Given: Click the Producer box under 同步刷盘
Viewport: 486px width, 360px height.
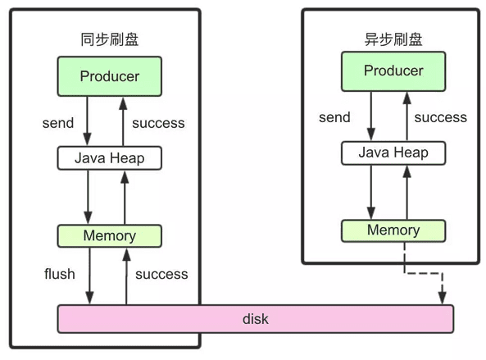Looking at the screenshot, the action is pyautogui.click(x=110, y=76).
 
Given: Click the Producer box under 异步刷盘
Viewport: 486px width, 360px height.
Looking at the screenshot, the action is pyautogui.click(x=393, y=71).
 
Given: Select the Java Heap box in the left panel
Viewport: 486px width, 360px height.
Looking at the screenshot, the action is pyautogui.click(x=110, y=158).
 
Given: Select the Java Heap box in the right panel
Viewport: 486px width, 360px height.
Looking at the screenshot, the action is pyautogui.click(x=393, y=153).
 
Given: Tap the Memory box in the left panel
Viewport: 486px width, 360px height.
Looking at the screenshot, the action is pyautogui.click(x=110, y=236).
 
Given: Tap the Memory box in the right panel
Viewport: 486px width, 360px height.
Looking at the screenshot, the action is pyautogui.click(x=393, y=230).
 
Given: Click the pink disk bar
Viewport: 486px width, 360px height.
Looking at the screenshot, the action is pyautogui.click(x=256, y=319).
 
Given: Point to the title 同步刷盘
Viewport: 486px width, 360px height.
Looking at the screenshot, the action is pyautogui.click(x=110, y=39).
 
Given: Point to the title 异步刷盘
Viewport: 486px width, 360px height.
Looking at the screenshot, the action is pyautogui.click(x=393, y=39).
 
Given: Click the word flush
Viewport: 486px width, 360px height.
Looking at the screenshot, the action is pyautogui.click(x=60, y=274).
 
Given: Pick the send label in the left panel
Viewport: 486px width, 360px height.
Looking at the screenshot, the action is pyautogui.click(x=58, y=123).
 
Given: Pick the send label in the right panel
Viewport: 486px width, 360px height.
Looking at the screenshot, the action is pyautogui.click(x=334, y=117).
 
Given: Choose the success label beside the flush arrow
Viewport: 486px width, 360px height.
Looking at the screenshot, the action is pyautogui.click(x=161, y=274).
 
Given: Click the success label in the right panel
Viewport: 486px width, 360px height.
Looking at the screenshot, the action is pyautogui.click(x=440, y=117).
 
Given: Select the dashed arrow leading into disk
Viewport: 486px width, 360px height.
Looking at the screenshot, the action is pyautogui.click(x=424, y=273).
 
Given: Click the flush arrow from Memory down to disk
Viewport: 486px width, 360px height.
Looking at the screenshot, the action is pyautogui.click(x=89, y=276).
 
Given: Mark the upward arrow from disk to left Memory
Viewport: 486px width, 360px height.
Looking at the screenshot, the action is pyautogui.click(x=126, y=276).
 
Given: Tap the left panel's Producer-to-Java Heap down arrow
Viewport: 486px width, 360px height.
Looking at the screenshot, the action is pyautogui.click(x=87, y=121).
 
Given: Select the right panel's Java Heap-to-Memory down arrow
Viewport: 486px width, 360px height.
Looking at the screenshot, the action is pyautogui.click(x=371, y=192).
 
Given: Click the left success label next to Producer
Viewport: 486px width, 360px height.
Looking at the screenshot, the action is pyautogui.click(x=158, y=123).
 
